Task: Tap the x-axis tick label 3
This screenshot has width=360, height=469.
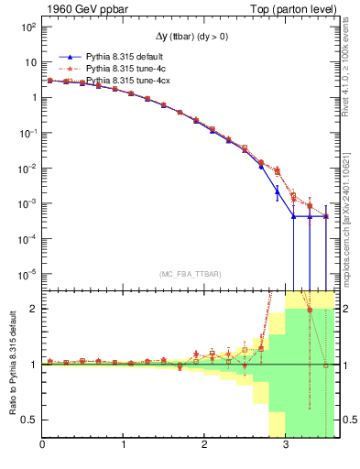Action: pyautogui.click(x=286, y=446)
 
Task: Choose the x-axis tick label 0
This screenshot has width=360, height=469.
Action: pyautogui.click(x=42, y=446)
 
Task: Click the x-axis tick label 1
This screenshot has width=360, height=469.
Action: pyautogui.click(x=124, y=446)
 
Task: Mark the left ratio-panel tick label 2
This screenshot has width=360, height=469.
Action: pyautogui.click(x=32, y=309)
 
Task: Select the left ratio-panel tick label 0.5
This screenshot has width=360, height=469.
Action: pyautogui.click(x=28, y=420)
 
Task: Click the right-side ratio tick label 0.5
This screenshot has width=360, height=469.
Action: pyautogui.click(x=350, y=420)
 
